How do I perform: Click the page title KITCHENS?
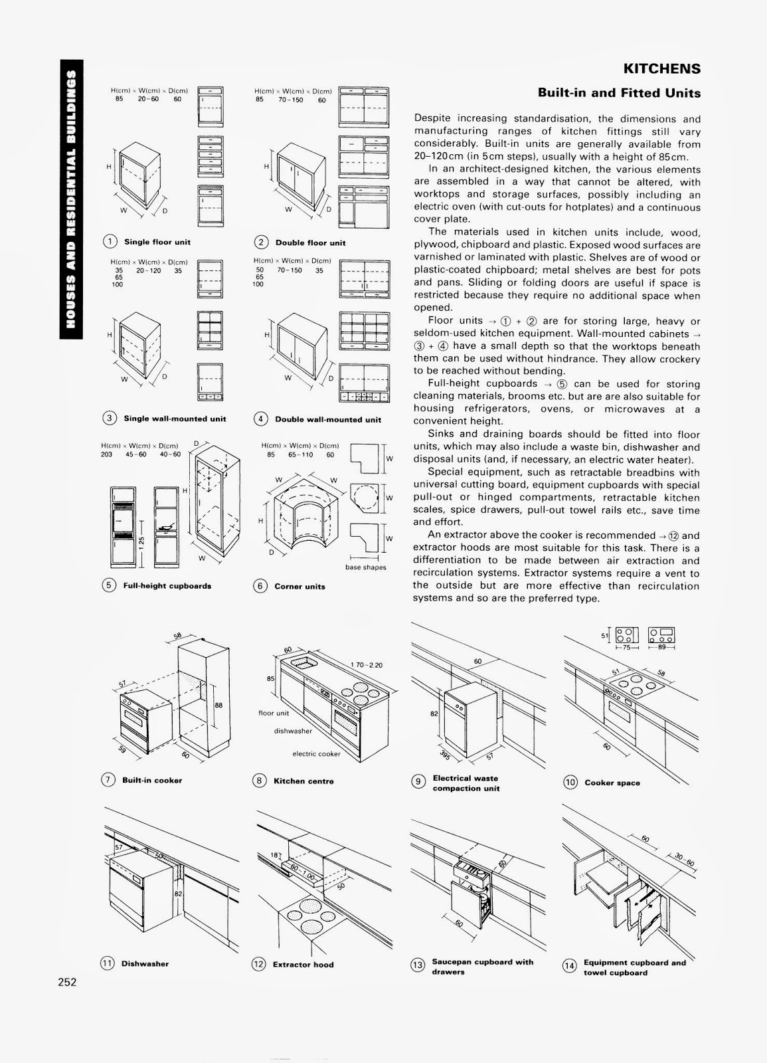coord(661,69)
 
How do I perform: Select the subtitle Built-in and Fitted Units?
coord(619,93)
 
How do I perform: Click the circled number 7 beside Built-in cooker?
coord(108,780)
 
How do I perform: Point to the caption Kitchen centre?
coord(303,781)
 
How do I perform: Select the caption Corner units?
coord(299,587)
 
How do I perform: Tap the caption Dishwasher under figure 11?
coord(145,964)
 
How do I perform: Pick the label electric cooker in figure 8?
coord(316,753)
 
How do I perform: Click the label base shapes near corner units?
coord(365,567)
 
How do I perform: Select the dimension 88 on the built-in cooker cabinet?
coord(218,706)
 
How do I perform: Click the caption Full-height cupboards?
coord(167,586)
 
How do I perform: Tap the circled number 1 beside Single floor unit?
coord(108,242)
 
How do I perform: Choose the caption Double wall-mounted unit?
coord(328,419)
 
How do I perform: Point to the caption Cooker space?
coord(612,783)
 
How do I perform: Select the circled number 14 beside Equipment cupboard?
coord(569,966)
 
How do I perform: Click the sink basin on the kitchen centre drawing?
coord(303,662)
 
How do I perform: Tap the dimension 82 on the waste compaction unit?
coord(433,714)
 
